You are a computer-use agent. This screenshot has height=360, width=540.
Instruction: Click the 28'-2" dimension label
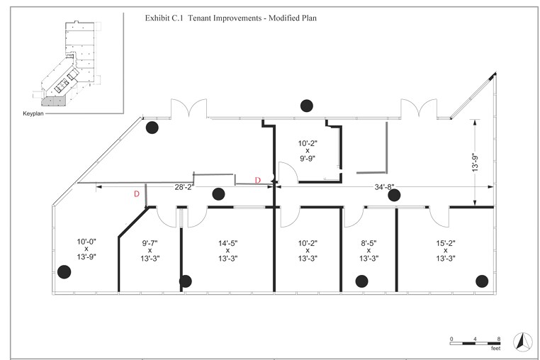(x=184, y=187)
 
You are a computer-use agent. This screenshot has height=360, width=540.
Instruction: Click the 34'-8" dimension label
(x=384, y=187)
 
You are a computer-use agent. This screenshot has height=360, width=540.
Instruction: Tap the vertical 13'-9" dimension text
(x=476, y=162)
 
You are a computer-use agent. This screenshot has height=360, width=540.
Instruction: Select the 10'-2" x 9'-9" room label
(x=308, y=151)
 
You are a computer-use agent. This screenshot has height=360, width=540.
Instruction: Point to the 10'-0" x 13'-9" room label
(x=86, y=249)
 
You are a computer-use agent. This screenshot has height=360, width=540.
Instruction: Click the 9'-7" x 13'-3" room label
(x=150, y=250)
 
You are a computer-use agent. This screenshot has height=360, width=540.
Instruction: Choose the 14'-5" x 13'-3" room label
(x=227, y=250)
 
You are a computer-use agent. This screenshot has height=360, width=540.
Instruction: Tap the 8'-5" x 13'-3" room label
(x=369, y=250)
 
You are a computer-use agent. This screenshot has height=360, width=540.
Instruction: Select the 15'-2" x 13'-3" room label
(x=446, y=250)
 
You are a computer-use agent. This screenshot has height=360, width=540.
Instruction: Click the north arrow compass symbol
(x=523, y=342)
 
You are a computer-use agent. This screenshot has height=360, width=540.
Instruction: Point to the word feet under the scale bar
(x=495, y=349)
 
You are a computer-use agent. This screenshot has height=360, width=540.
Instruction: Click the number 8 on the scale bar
(x=499, y=339)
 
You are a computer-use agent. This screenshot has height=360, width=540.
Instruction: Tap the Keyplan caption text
(x=33, y=113)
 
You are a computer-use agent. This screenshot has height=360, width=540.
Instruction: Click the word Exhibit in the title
(x=157, y=18)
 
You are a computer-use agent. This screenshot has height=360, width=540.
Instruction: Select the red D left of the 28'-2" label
(x=137, y=194)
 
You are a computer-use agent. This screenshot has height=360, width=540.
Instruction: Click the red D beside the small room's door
(x=258, y=180)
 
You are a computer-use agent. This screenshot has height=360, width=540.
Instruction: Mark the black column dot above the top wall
(x=307, y=106)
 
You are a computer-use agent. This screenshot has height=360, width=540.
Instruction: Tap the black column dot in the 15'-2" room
(x=482, y=281)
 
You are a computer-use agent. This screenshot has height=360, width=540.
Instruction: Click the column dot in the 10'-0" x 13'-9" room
(x=64, y=272)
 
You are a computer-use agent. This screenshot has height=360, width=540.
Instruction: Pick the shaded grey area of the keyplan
(x=54, y=101)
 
